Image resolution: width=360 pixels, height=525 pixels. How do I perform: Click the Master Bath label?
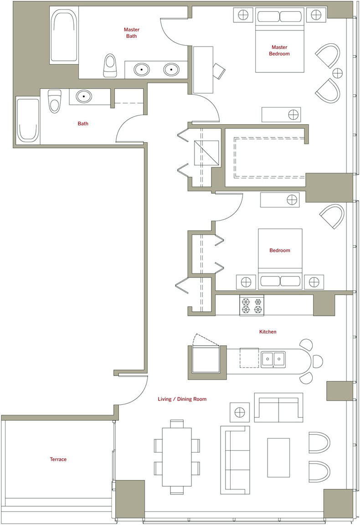click(132, 33)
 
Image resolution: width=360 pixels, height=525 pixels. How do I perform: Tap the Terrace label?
click(58, 459)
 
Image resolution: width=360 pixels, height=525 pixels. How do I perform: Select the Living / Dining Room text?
click(182, 399)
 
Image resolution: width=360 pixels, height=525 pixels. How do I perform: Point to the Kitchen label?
click(268, 332)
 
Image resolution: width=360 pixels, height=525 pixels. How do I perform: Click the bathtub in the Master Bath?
click(64, 35)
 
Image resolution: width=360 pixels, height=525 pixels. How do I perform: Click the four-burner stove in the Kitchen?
click(252, 305)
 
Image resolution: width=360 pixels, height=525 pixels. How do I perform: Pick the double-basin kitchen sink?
click(273, 359)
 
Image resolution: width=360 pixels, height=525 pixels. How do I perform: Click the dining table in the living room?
click(177, 457)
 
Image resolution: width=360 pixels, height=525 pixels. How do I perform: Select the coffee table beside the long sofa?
click(278, 458)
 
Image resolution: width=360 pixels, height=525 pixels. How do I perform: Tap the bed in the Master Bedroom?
click(280, 40)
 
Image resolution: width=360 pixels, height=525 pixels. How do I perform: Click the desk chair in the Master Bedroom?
click(219, 71)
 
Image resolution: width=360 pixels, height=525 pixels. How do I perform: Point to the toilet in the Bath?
click(54, 101)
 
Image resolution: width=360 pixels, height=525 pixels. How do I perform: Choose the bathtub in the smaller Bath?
click(28, 120)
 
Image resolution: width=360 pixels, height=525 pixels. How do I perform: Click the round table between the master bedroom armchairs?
click(338, 72)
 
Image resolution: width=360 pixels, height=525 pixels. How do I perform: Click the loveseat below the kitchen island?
click(278, 407)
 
